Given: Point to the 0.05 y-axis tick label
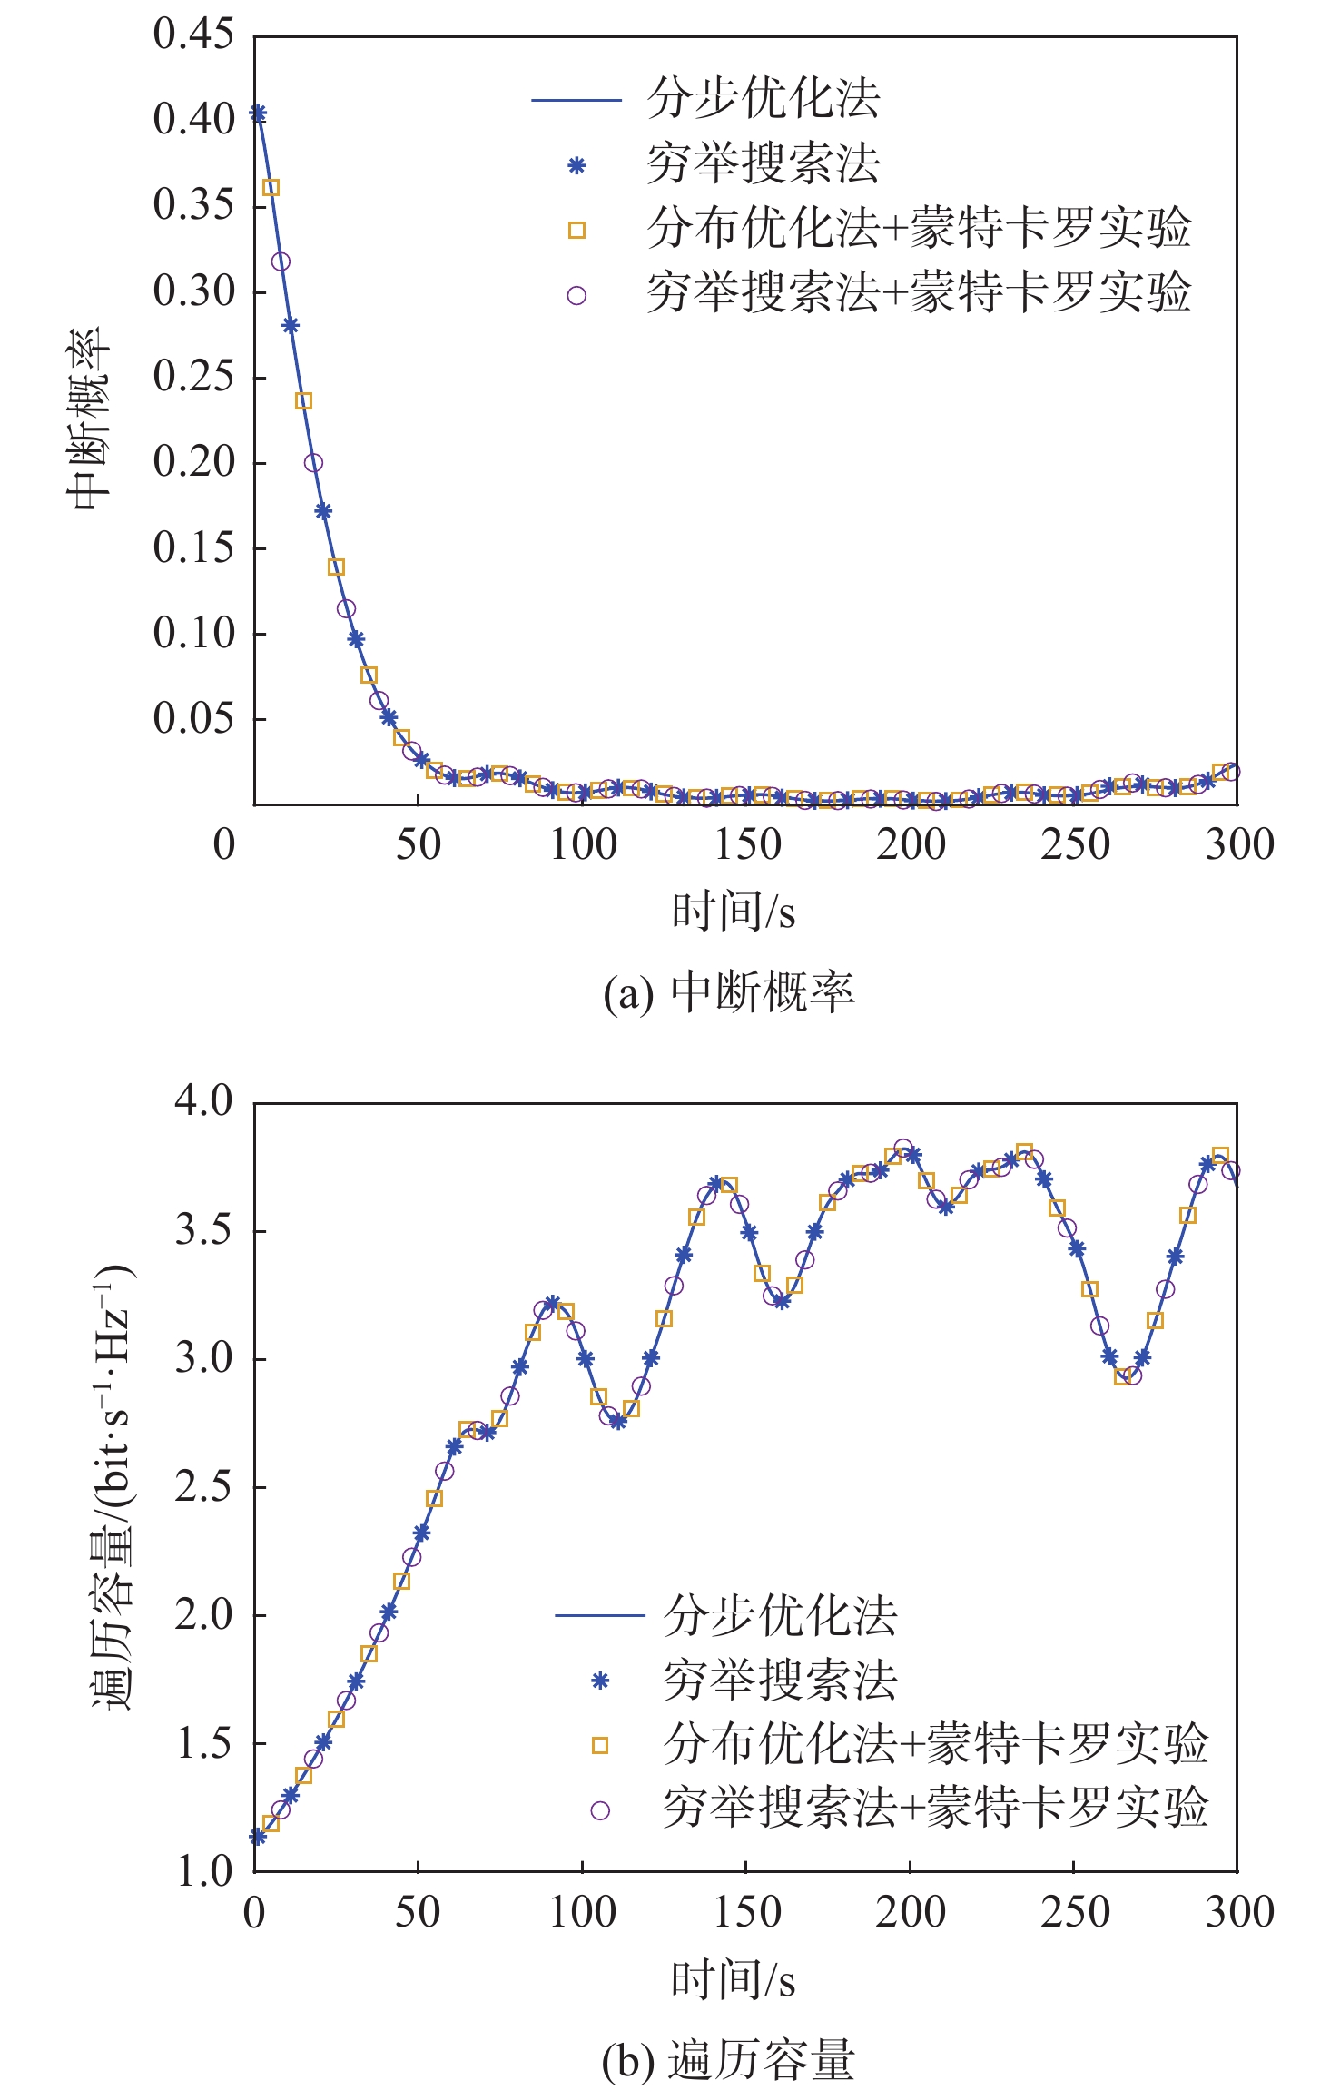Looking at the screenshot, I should click(x=193, y=718).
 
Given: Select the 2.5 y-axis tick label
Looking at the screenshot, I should click(x=203, y=1487).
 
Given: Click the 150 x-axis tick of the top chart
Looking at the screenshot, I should click(x=747, y=845).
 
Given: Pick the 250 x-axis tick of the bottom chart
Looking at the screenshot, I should click(x=1075, y=1912).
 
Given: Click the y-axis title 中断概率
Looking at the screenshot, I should click(x=89, y=419).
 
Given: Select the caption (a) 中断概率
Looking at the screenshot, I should click(x=729, y=992).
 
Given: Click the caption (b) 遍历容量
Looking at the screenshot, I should click(x=728, y=2059).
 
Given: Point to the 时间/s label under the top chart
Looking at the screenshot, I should click(x=734, y=912).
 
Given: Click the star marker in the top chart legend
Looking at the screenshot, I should click(x=576, y=165).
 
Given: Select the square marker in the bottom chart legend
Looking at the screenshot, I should click(x=599, y=1745).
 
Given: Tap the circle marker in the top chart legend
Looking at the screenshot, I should click(x=576, y=295).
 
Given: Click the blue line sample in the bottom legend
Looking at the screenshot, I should click(x=599, y=1615).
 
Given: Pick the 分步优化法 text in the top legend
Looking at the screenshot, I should click(x=764, y=98).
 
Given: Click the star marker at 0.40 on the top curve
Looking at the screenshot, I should click(x=258, y=113).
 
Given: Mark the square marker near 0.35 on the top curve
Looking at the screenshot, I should click(x=271, y=188).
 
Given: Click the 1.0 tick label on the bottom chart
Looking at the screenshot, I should click(x=203, y=1871).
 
